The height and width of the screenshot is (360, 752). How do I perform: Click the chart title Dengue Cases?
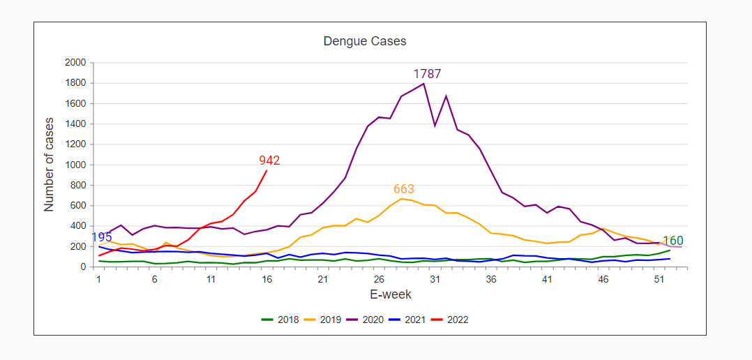[365, 41]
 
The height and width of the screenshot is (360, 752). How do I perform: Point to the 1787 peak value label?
[427, 74]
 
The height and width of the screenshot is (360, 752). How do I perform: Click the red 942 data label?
[269, 160]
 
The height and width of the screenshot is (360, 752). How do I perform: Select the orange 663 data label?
[404, 189]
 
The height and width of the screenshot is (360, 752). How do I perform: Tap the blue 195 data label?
[101, 238]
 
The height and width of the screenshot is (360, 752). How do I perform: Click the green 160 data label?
[673, 241]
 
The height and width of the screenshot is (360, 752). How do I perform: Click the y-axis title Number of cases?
[49, 165]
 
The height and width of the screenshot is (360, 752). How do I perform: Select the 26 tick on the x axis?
[379, 279]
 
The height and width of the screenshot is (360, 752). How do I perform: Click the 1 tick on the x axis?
[99, 279]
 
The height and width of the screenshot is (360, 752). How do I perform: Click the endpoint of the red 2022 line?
[266, 171]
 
